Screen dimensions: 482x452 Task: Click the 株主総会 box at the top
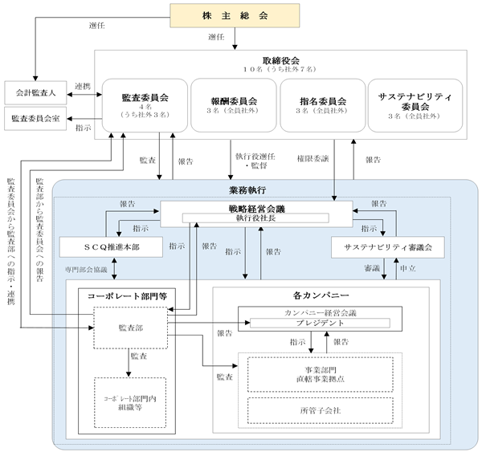tap(235, 16)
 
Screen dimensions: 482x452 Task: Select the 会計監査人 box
tap(35, 92)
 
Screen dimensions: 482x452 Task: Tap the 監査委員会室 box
tap(35, 119)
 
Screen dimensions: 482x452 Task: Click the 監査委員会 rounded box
tap(145, 105)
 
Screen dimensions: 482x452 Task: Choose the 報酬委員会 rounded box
tap(234, 105)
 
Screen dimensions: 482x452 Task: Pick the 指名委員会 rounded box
tap(323, 105)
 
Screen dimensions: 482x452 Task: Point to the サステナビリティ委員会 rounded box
tap(415, 105)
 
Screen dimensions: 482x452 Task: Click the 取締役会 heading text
tap(280, 60)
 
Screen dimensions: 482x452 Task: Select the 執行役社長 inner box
tap(255, 218)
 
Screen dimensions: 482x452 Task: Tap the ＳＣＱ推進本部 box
tap(111, 247)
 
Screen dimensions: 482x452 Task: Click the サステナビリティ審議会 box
tap(388, 247)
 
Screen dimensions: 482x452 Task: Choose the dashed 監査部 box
tap(131, 328)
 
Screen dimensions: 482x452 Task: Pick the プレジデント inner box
tap(320, 323)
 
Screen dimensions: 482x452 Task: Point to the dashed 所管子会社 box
tap(321, 410)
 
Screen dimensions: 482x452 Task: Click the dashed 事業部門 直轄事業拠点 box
tap(321, 374)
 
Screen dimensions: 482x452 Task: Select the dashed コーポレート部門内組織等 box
tap(130, 403)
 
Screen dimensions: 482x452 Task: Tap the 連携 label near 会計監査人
tap(83, 87)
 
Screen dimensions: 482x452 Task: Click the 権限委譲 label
tap(312, 158)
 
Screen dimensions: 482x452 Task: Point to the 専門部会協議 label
tap(86, 270)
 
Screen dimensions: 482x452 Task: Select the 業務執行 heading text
tap(247, 190)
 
